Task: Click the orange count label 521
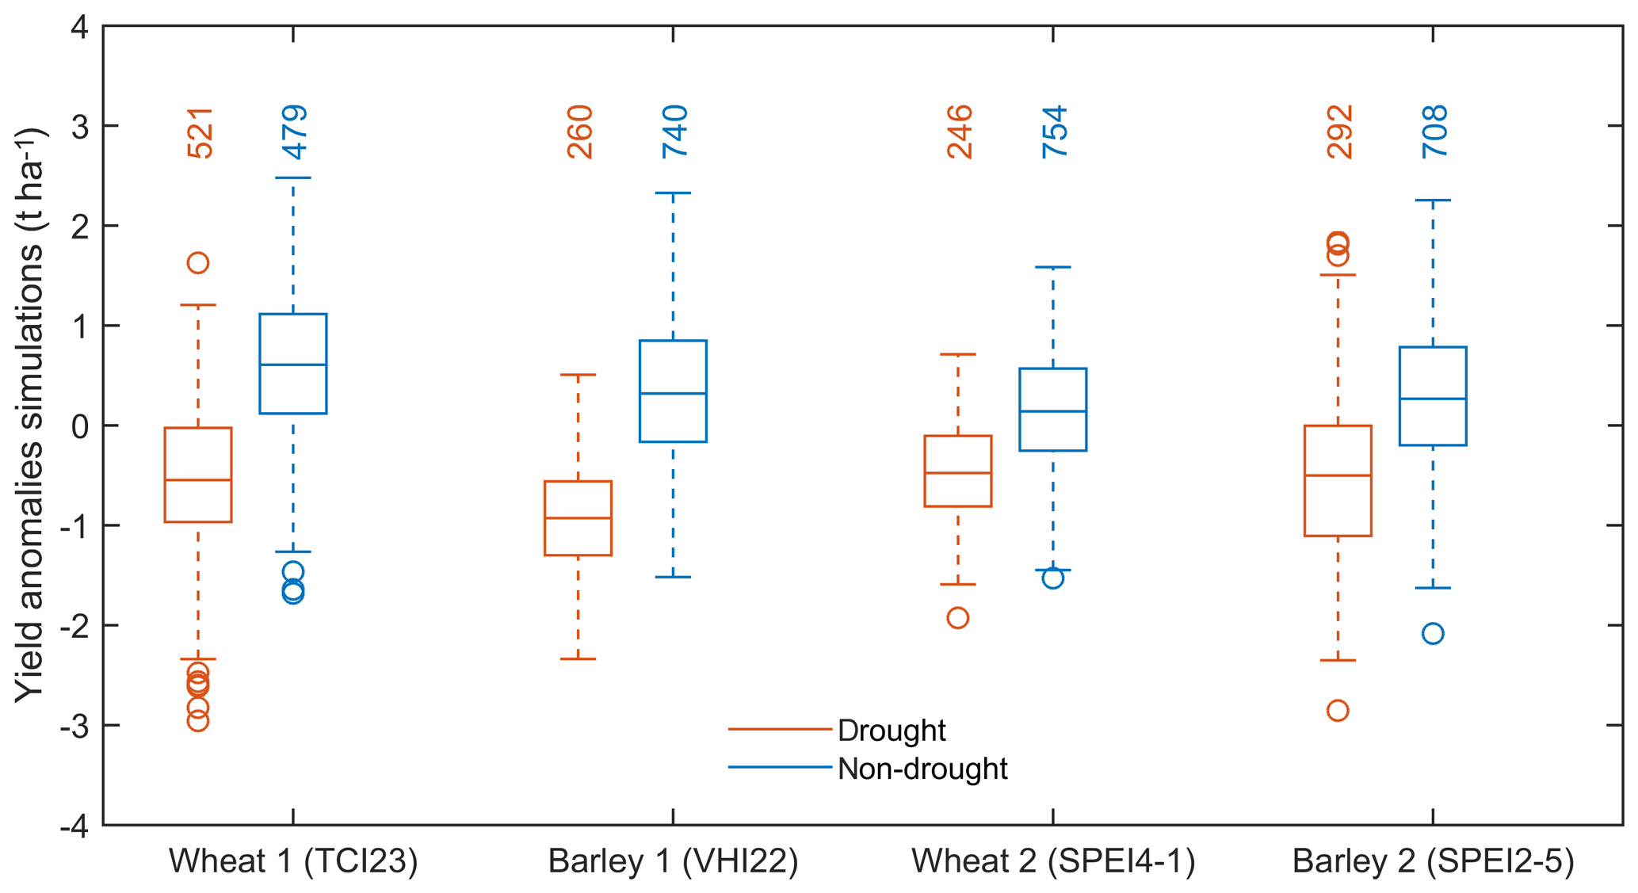[x=200, y=133]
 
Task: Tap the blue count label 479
[x=295, y=132]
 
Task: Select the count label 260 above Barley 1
[x=580, y=132]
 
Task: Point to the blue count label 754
[x=1055, y=132]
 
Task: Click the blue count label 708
[x=1434, y=132]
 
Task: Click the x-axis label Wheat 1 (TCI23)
[x=293, y=861]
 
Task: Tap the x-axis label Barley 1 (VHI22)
[x=673, y=861]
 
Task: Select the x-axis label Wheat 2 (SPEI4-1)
[x=1053, y=861]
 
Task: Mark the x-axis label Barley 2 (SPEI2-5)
[x=1433, y=861]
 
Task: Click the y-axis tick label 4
[x=82, y=28]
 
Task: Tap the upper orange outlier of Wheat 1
[x=198, y=263]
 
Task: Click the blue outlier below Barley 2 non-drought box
[x=1433, y=634]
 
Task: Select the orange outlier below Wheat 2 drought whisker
[x=958, y=618]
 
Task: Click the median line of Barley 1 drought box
[x=578, y=518]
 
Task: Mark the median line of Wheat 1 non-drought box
[x=293, y=364]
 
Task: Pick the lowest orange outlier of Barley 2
[x=1338, y=711]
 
